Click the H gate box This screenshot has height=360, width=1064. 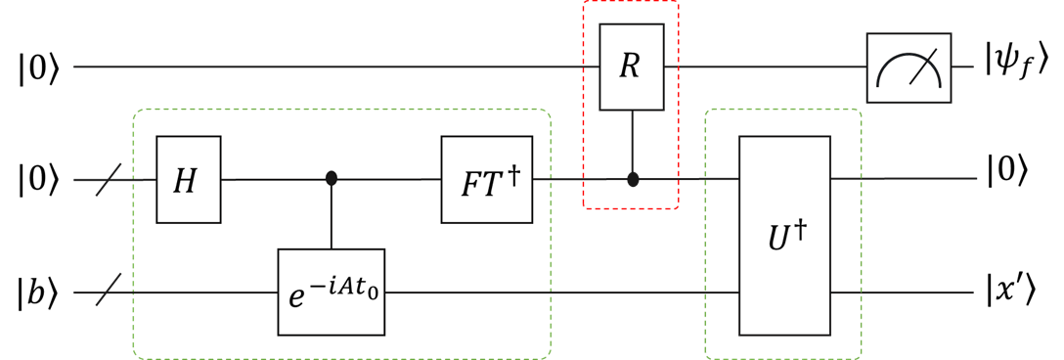[190, 179]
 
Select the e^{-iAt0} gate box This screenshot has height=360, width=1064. [332, 291]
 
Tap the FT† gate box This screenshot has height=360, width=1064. [483, 179]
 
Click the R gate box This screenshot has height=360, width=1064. [631, 68]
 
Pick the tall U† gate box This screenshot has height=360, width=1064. [784, 235]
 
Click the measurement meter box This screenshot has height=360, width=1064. [908, 67]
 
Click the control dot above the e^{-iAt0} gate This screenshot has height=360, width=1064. [332, 179]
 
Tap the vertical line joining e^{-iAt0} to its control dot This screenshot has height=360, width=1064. [332, 217]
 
